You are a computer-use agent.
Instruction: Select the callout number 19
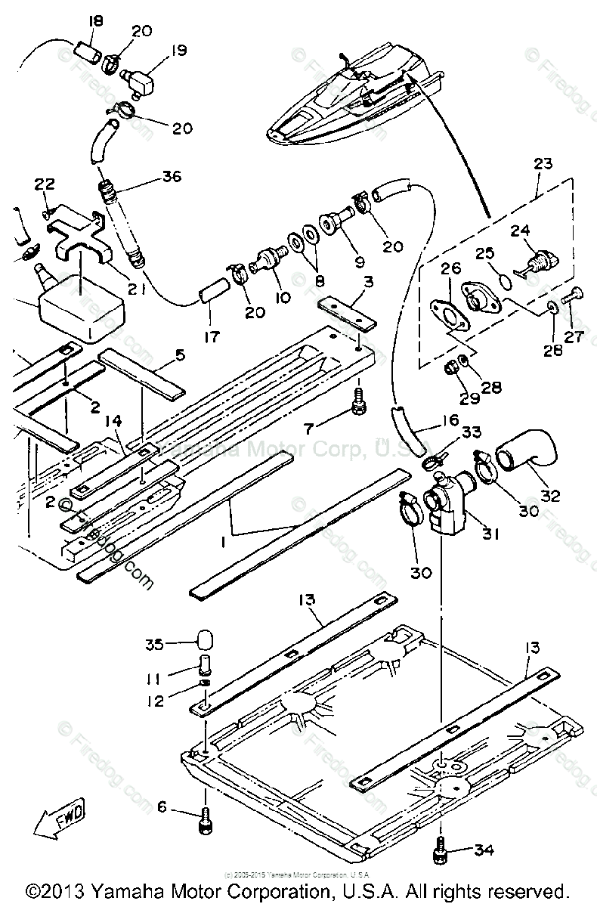(x=178, y=52)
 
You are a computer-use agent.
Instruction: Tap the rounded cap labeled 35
(x=203, y=638)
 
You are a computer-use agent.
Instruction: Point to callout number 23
(x=543, y=164)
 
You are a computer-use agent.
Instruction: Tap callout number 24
(x=543, y=231)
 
